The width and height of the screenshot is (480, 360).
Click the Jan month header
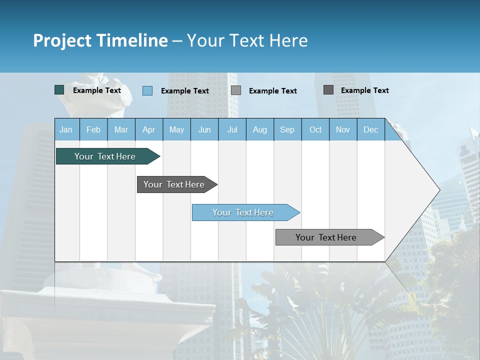click(66, 129)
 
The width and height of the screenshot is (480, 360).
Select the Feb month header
click(93, 129)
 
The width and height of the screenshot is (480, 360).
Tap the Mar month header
click(121, 129)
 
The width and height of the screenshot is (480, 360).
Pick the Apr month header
click(149, 129)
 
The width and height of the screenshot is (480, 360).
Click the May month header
click(176, 129)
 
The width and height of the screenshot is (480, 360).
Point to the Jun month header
click(204, 129)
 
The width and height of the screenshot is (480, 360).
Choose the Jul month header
click(232, 129)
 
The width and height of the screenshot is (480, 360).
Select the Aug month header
click(260, 129)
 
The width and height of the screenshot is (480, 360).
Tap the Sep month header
click(287, 129)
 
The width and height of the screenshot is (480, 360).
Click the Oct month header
click(315, 129)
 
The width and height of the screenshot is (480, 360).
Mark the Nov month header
click(343, 129)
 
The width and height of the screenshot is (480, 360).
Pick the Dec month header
click(371, 129)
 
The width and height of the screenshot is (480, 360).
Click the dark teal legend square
click(59, 90)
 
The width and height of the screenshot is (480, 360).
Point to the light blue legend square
click(147, 90)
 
